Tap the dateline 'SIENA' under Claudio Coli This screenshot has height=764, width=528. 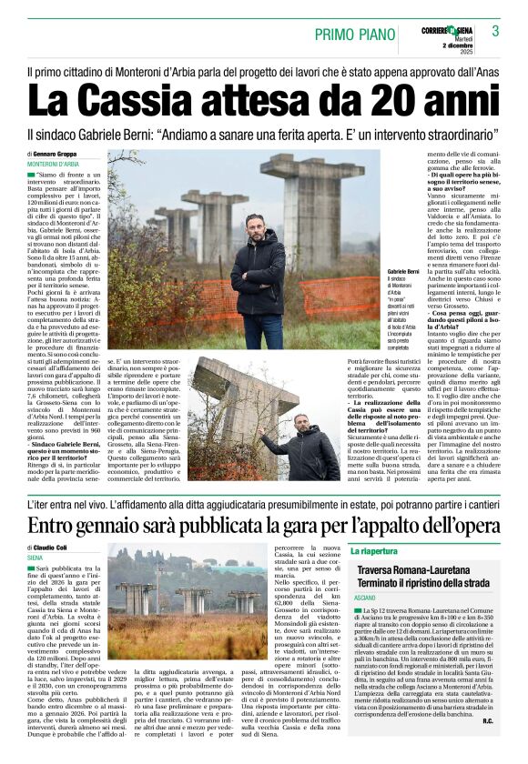pos(36,557)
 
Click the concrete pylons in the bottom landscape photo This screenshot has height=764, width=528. pos(192,599)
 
